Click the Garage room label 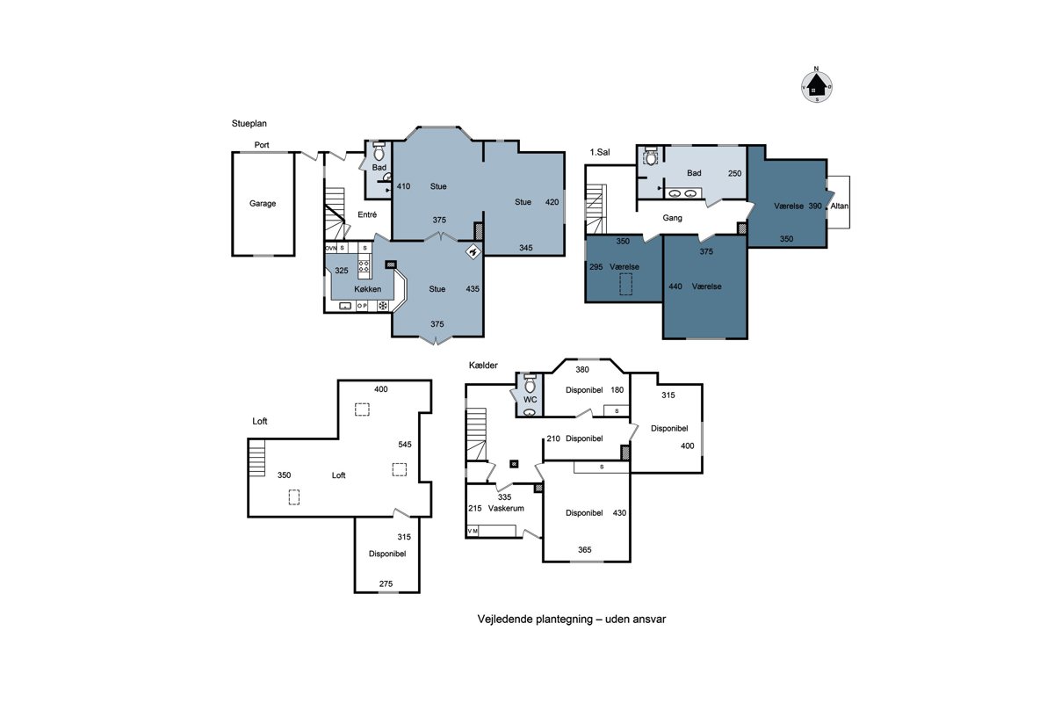coord(263,203)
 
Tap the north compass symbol coord(817,86)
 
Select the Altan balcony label coord(840,206)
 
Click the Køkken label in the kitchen coord(367,289)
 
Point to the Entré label coord(367,214)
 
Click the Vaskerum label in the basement coord(506,508)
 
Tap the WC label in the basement coord(531,400)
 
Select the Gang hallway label coord(672,218)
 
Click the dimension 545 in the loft coord(405,444)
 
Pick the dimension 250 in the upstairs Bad coord(734,173)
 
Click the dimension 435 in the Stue coord(473,288)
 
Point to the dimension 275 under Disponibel coord(386,583)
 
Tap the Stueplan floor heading coord(249,123)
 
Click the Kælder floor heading coord(483,365)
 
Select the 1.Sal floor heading coord(600,152)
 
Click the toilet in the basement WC coord(530,384)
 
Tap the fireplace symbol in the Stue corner coord(473,252)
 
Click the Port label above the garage coord(262,145)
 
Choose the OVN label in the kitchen coord(331,248)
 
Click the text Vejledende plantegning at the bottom coord(535,620)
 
